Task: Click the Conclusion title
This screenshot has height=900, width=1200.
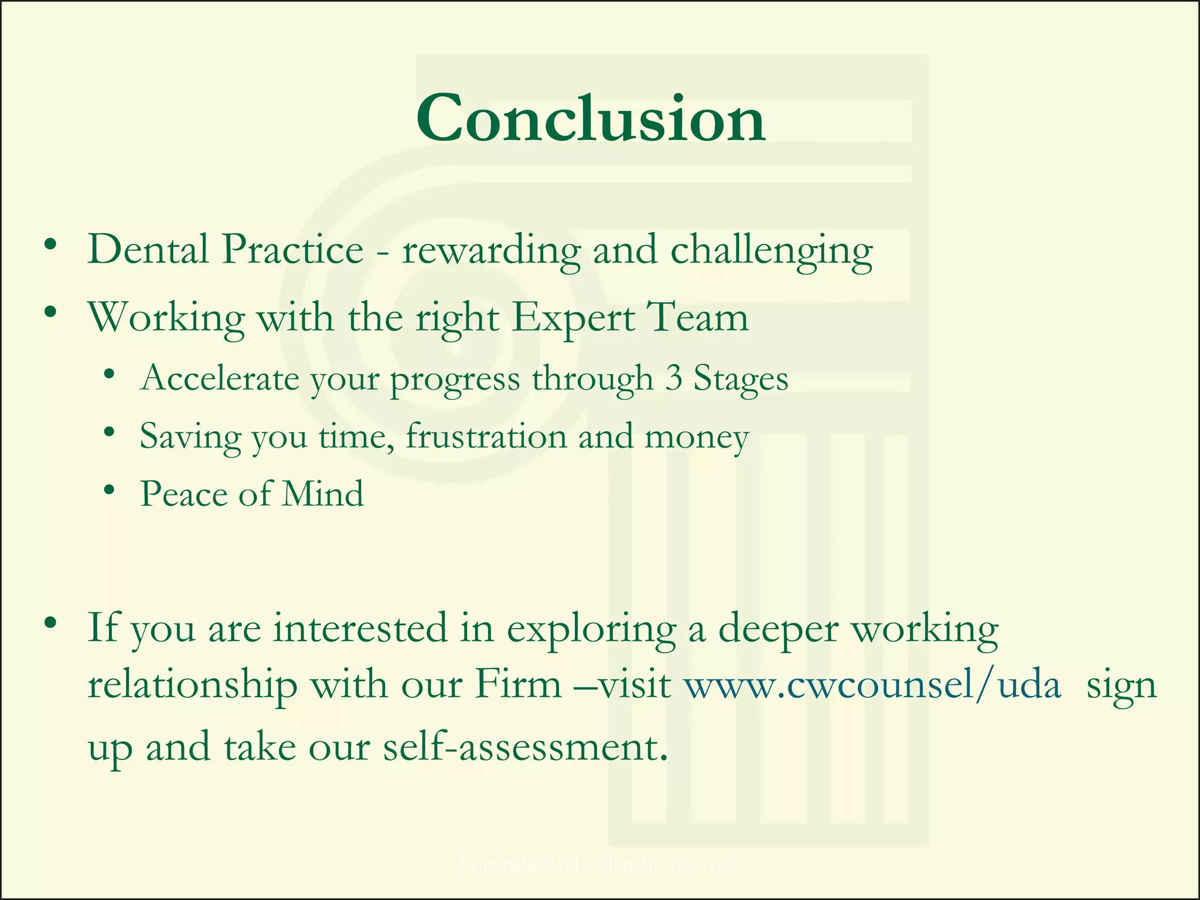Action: coord(591,119)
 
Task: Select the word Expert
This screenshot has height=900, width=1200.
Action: coord(574,318)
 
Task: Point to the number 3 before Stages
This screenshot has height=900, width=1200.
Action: coord(674,378)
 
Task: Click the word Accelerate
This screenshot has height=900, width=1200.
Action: coord(220,378)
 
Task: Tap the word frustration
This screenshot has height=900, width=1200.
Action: coord(486,437)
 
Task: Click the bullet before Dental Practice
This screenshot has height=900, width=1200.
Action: coord(50,245)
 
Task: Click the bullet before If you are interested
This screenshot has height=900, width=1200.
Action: coord(50,622)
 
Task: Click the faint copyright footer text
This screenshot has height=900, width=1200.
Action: coord(597,864)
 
